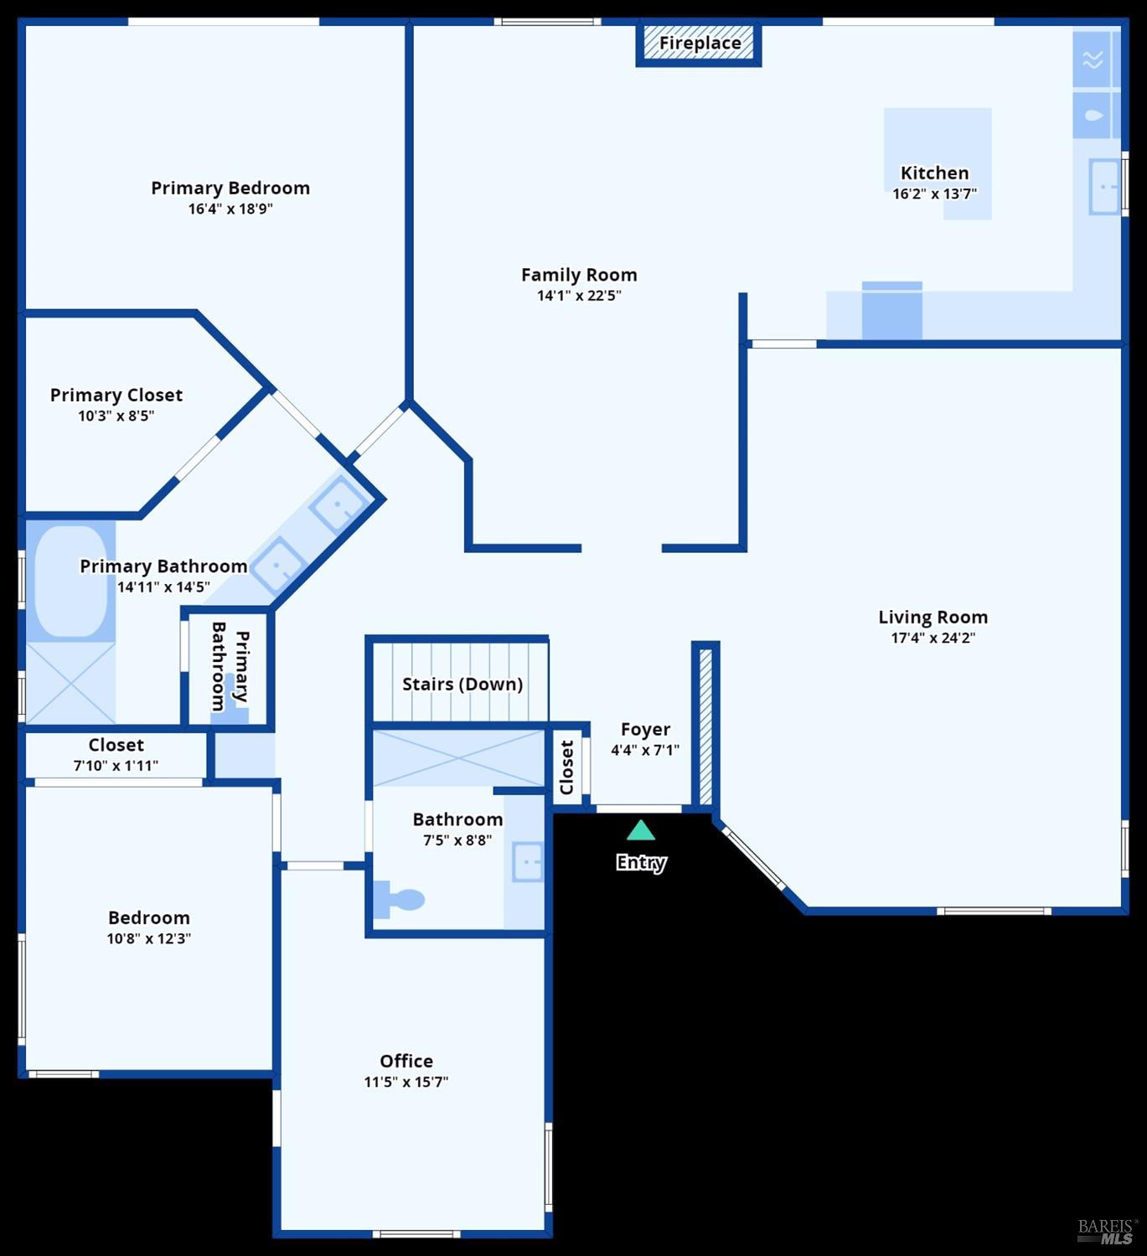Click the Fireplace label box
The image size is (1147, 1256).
point(700,44)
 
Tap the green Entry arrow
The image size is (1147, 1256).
point(641,830)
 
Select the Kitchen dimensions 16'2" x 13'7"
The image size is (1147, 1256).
point(934,194)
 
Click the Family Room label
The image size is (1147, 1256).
point(579,275)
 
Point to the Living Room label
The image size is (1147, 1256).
point(933,618)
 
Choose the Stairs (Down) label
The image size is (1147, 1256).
point(462,684)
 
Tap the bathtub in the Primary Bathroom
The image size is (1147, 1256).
point(70,581)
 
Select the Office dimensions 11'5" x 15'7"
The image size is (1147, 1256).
point(406,1082)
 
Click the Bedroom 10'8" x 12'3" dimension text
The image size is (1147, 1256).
point(148,938)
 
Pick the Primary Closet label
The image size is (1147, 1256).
point(116,395)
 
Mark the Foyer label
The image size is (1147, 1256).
point(645,730)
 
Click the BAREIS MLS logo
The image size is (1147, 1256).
point(1106,1231)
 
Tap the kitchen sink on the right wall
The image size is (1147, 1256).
point(1104,186)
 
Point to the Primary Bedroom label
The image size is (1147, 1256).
point(230,188)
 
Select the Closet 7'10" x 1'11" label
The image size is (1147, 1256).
point(116,745)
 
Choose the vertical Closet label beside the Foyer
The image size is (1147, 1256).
point(567,767)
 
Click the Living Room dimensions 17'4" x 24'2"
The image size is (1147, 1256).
point(933,638)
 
